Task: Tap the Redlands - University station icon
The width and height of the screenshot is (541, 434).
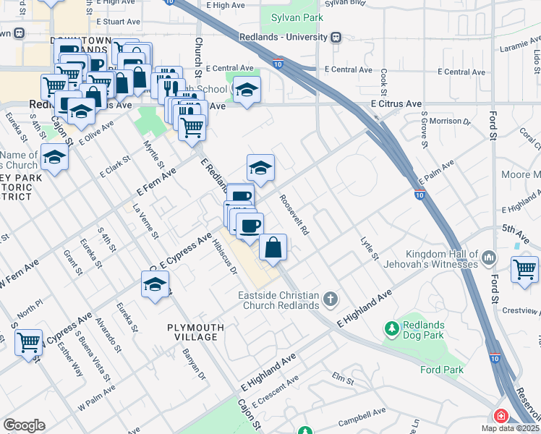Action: [336, 37]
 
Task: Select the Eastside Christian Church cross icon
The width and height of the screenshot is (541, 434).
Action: [331, 299]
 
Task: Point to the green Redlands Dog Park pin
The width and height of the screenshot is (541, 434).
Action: [392, 330]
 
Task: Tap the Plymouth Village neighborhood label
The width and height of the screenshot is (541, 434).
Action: [195, 332]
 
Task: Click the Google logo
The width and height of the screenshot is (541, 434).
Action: [24, 425]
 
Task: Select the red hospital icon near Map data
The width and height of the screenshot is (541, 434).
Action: [500, 417]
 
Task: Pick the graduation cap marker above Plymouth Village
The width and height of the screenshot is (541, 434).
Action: [155, 285]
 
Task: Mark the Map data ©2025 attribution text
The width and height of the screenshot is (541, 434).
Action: [510, 428]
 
